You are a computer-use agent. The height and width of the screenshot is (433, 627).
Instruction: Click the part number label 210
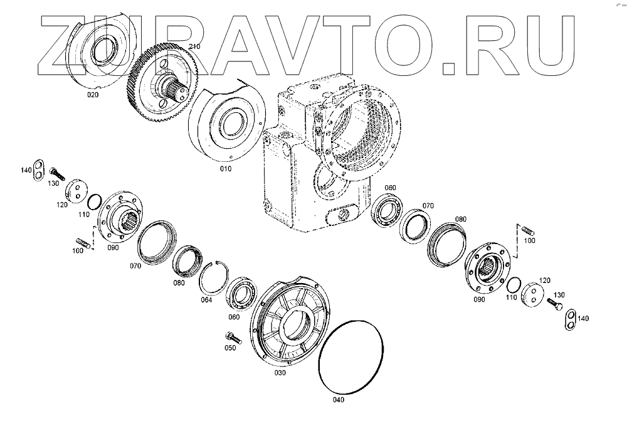click(x=194, y=47)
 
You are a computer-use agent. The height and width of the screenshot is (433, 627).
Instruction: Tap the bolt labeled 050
click(x=233, y=338)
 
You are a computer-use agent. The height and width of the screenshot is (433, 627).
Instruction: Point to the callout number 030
click(x=280, y=373)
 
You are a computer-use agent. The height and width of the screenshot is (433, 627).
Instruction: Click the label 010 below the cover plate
click(x=226, y=168)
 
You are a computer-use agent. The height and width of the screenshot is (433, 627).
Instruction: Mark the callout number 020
click(x=93, y=95)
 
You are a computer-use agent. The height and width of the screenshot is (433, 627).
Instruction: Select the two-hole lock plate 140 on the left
click(x=38, y=170)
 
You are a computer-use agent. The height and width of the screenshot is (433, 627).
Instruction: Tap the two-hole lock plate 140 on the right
click(x=571, y=320)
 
